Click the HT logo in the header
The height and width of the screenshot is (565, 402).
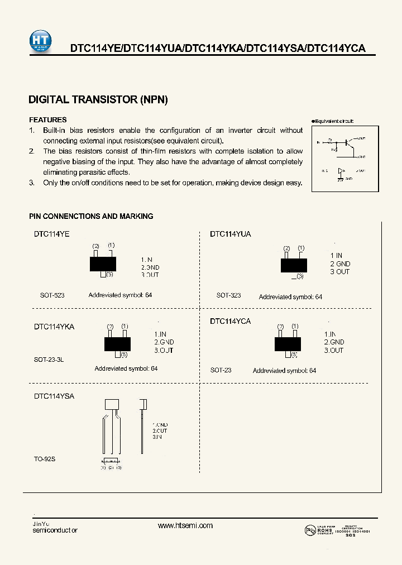tap(40, 41)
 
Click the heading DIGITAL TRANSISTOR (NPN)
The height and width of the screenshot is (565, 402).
tap(98, 100)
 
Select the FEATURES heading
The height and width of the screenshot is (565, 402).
tap(47, 120)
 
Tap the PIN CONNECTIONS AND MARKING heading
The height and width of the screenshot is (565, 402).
tap(91, 216)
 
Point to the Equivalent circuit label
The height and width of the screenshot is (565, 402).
tap(333, 121)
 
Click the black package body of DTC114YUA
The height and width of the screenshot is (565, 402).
tap(294, 265)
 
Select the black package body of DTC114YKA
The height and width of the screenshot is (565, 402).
tap(117, 343)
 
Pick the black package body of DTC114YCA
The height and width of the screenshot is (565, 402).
tap(288, 343)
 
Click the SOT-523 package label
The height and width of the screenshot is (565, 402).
tap(52, 295)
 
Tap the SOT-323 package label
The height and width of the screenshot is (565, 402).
tap(228, 295)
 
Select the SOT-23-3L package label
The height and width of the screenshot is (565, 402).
tap(49, 360)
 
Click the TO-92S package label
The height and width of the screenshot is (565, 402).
tap(45, 459)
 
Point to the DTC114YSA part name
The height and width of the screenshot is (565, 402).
tap(54, 396)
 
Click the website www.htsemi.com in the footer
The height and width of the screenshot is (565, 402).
tap(185, 525)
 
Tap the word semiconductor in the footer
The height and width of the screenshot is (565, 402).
tap(55, 530)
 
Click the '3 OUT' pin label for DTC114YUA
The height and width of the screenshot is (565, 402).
tap(339, 272)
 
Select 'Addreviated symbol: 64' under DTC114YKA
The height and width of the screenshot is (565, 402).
tap(126, 368)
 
